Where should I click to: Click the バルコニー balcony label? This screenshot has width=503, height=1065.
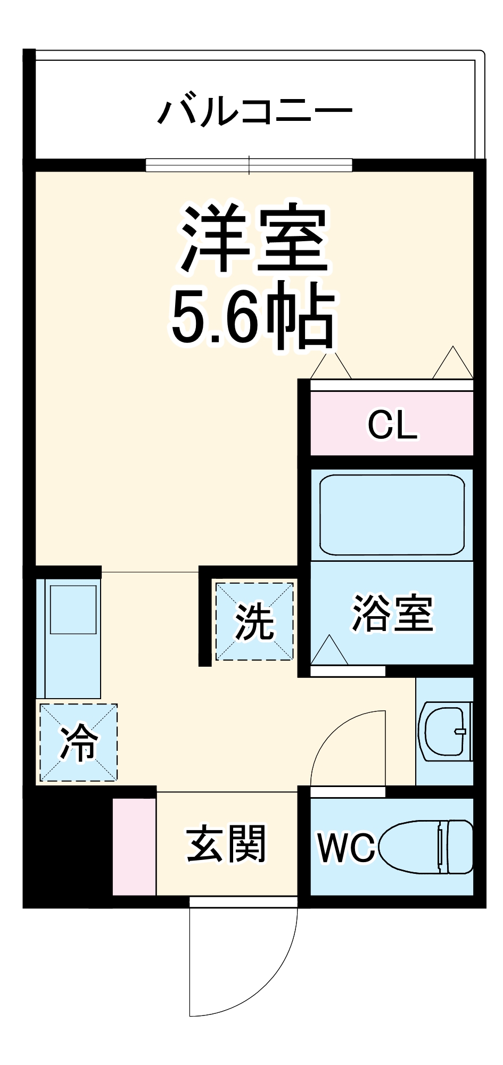pos(254,112)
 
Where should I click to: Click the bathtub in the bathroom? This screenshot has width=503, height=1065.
pos(392,514)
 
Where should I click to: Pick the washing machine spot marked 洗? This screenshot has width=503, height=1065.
pos(254,621)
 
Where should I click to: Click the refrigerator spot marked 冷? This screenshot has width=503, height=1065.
pos(79,742)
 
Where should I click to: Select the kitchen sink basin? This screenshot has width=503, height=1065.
pos(73,610)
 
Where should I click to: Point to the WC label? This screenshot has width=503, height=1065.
pos(346,848)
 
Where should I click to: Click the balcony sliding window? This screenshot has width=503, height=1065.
pos(249,165)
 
